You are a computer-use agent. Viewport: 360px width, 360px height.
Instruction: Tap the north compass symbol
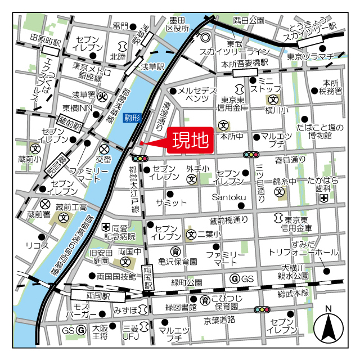(x=329, y=326)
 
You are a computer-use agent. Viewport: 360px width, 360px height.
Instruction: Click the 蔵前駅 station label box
(x=70, y=122)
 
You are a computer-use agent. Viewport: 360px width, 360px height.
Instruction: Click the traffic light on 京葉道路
(x=262, y=309)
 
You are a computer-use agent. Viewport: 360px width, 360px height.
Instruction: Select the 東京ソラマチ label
(x=310, y=56)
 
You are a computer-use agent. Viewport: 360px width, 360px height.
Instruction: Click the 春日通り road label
(x=291, y=160)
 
